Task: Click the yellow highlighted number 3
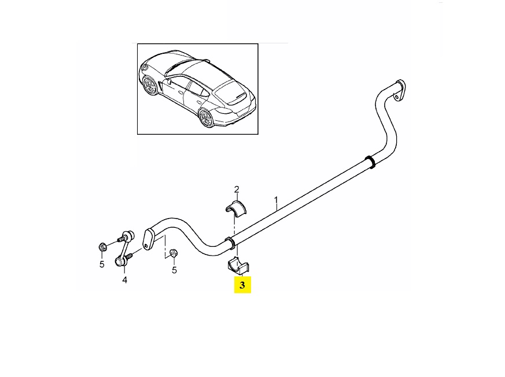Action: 242,285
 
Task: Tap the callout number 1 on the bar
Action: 276,200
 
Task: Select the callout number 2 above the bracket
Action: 237,190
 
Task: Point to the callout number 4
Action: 124,280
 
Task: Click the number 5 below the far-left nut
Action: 102,265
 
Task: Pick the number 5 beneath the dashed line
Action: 174,270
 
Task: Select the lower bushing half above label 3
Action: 239,267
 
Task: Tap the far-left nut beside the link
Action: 103,247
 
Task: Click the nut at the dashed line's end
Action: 174,253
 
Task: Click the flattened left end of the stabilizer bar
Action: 149,239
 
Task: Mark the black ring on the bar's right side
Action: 370,162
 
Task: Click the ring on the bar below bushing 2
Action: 231,243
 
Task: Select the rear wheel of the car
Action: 206,118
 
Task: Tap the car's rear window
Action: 231,93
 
